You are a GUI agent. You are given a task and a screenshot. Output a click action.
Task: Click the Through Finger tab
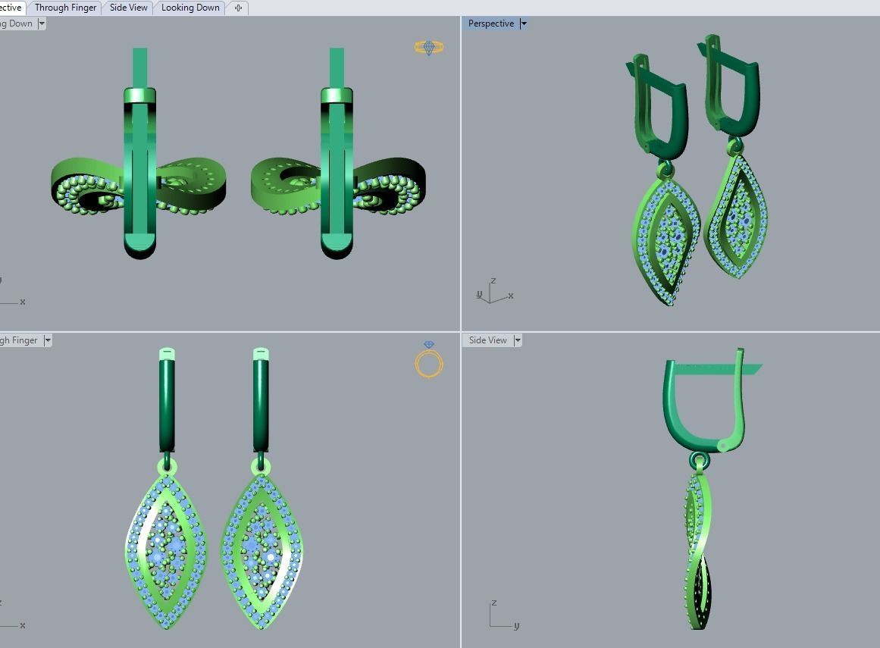coord(65,8)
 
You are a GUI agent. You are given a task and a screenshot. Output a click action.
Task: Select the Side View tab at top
coord(128,8)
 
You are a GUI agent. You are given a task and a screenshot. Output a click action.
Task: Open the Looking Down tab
coord(190,8)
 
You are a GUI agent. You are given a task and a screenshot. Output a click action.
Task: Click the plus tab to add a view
coord(238,8)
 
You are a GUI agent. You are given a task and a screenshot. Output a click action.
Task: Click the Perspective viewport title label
coord(490,23)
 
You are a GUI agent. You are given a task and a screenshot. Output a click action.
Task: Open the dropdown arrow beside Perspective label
coord(524,23)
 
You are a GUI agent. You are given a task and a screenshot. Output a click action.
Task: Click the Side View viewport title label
coord(487,340)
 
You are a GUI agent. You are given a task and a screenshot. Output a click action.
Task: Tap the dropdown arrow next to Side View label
coord(518,340)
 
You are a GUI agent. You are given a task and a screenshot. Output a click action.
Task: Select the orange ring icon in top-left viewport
coord(428,47)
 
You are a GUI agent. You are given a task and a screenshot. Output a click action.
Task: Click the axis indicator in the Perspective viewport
coord(493,292)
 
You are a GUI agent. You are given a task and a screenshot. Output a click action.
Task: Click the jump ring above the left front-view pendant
coord(166,465)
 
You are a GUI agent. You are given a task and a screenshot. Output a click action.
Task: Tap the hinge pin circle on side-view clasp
coord(722,446)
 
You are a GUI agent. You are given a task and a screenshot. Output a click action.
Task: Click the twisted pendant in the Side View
coord(700,546)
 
